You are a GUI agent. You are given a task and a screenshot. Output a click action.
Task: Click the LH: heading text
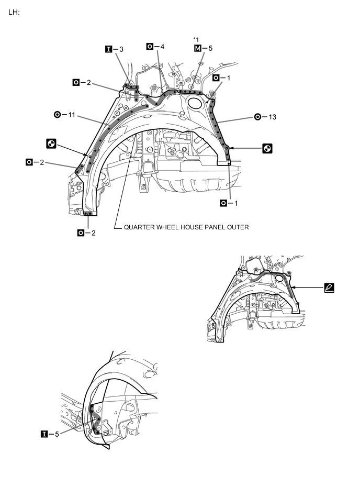[x=14, y=12]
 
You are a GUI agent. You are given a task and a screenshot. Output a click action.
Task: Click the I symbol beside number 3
[x=109, y=49]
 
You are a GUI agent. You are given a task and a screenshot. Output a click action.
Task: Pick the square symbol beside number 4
[x=150, y=47]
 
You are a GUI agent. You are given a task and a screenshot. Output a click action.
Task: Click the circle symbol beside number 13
[x=257, y=117]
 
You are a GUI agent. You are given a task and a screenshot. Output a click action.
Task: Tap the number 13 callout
[x=272, y=117]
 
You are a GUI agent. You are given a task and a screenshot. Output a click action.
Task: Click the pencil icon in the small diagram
[x=329, y=287]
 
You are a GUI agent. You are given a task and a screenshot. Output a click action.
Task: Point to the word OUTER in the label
[x=238, y=228]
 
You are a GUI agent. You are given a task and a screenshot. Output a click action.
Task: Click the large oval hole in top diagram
[x=195, y=103]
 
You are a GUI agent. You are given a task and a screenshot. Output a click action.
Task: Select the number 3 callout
[x=121, y=49]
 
